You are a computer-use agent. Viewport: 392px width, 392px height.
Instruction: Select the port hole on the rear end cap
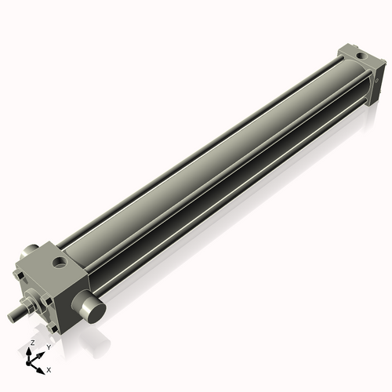(358, 56)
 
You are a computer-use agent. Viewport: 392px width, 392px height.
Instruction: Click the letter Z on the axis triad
(32, 343)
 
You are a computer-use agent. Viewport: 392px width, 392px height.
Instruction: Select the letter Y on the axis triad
(48, 347)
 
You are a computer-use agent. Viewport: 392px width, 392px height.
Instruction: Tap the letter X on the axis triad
(49, 368)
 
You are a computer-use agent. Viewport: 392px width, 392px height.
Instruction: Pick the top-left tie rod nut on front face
(18, 276)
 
